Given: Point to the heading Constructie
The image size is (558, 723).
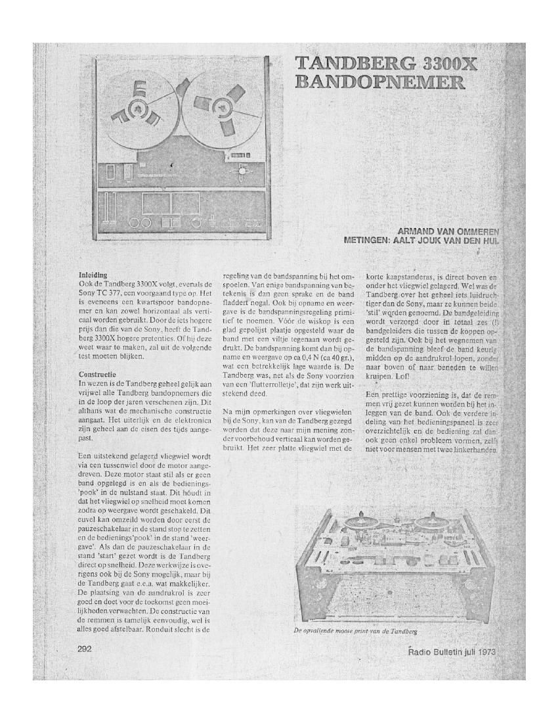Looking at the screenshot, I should (x=98, y=376).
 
